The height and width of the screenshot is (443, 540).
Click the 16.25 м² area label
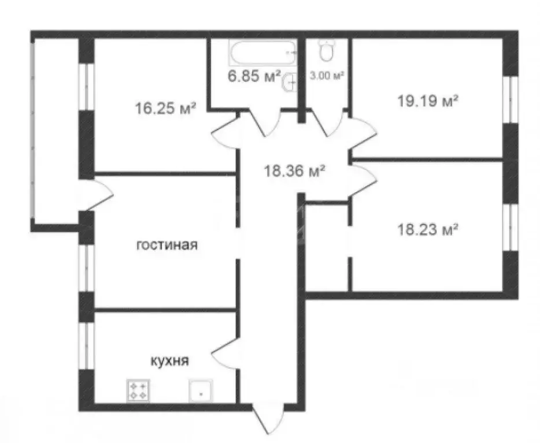(x=165, y=108)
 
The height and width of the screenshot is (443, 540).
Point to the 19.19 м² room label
(x=428, y=102)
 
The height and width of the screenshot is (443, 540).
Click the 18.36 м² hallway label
(x=294, y=171)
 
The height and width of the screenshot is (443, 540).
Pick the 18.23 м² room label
(x=428, y=229)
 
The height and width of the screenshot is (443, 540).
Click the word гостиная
(x=167, y=245)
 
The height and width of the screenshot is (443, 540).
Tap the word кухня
(x=169, y=361)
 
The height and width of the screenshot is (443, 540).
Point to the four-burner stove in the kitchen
(x=138, y=391)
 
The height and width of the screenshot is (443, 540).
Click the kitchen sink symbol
(x=201, y=391)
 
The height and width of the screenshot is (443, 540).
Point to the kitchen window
(x=86, y=345)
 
